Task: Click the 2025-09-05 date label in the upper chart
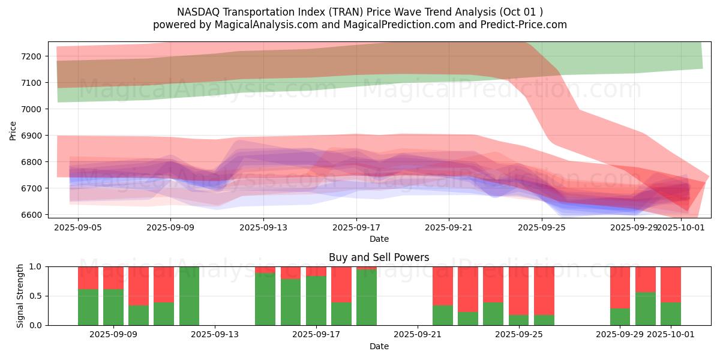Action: point(77,228)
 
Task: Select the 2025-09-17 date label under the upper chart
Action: point(356,228)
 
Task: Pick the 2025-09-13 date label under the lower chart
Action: point(214,335)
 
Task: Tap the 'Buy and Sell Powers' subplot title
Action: point(379,257)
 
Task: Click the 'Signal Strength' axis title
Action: point(20,295)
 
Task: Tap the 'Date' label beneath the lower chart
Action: point(379,346)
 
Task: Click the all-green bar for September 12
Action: point(189,296)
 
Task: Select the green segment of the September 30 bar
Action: point(646,308)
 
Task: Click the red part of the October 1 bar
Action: point(671,284)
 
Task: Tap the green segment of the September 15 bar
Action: point(265,299)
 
